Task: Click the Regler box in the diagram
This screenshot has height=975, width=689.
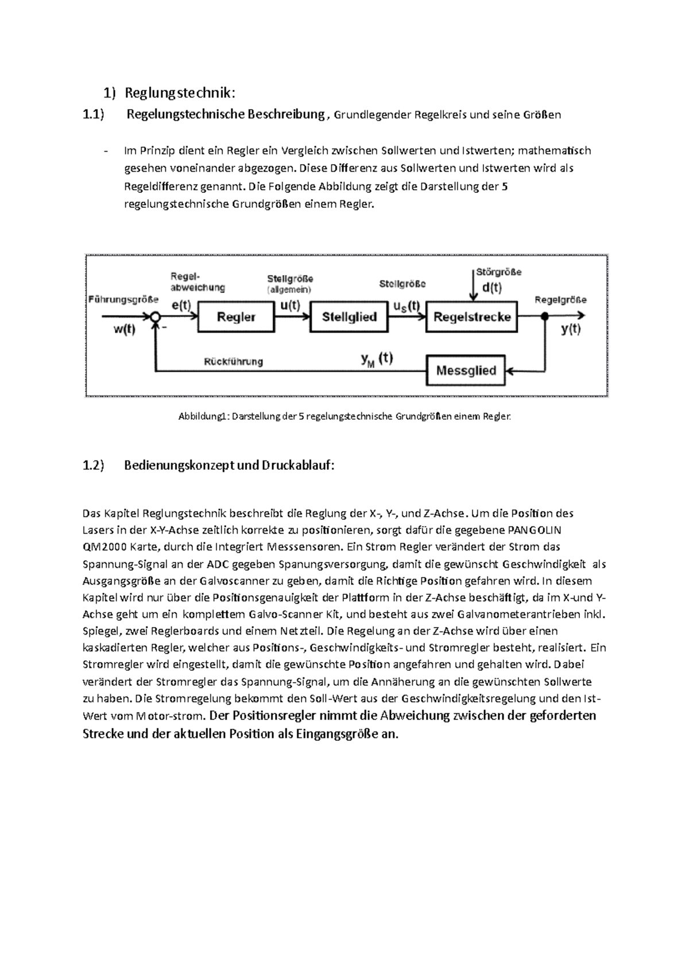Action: [236, 316]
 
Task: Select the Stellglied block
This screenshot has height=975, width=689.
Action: [349, 316]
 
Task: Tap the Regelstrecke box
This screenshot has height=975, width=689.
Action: [471, 316]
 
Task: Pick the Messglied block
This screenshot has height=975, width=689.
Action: [466, 371]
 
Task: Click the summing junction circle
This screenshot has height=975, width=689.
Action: [155, 316]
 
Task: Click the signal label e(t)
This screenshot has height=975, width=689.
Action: [181, 305]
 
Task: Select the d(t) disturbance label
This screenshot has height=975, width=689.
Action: [491, 288]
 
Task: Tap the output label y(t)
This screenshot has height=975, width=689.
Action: [570, 330]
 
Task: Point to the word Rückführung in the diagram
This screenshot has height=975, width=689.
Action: [234, 362]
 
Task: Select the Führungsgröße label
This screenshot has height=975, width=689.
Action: [123, 299]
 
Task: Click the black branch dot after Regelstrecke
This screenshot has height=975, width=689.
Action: [545, 316]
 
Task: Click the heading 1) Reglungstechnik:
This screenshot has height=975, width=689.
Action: [169, 92]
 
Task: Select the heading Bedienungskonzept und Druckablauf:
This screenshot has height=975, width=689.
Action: [229, 465]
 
